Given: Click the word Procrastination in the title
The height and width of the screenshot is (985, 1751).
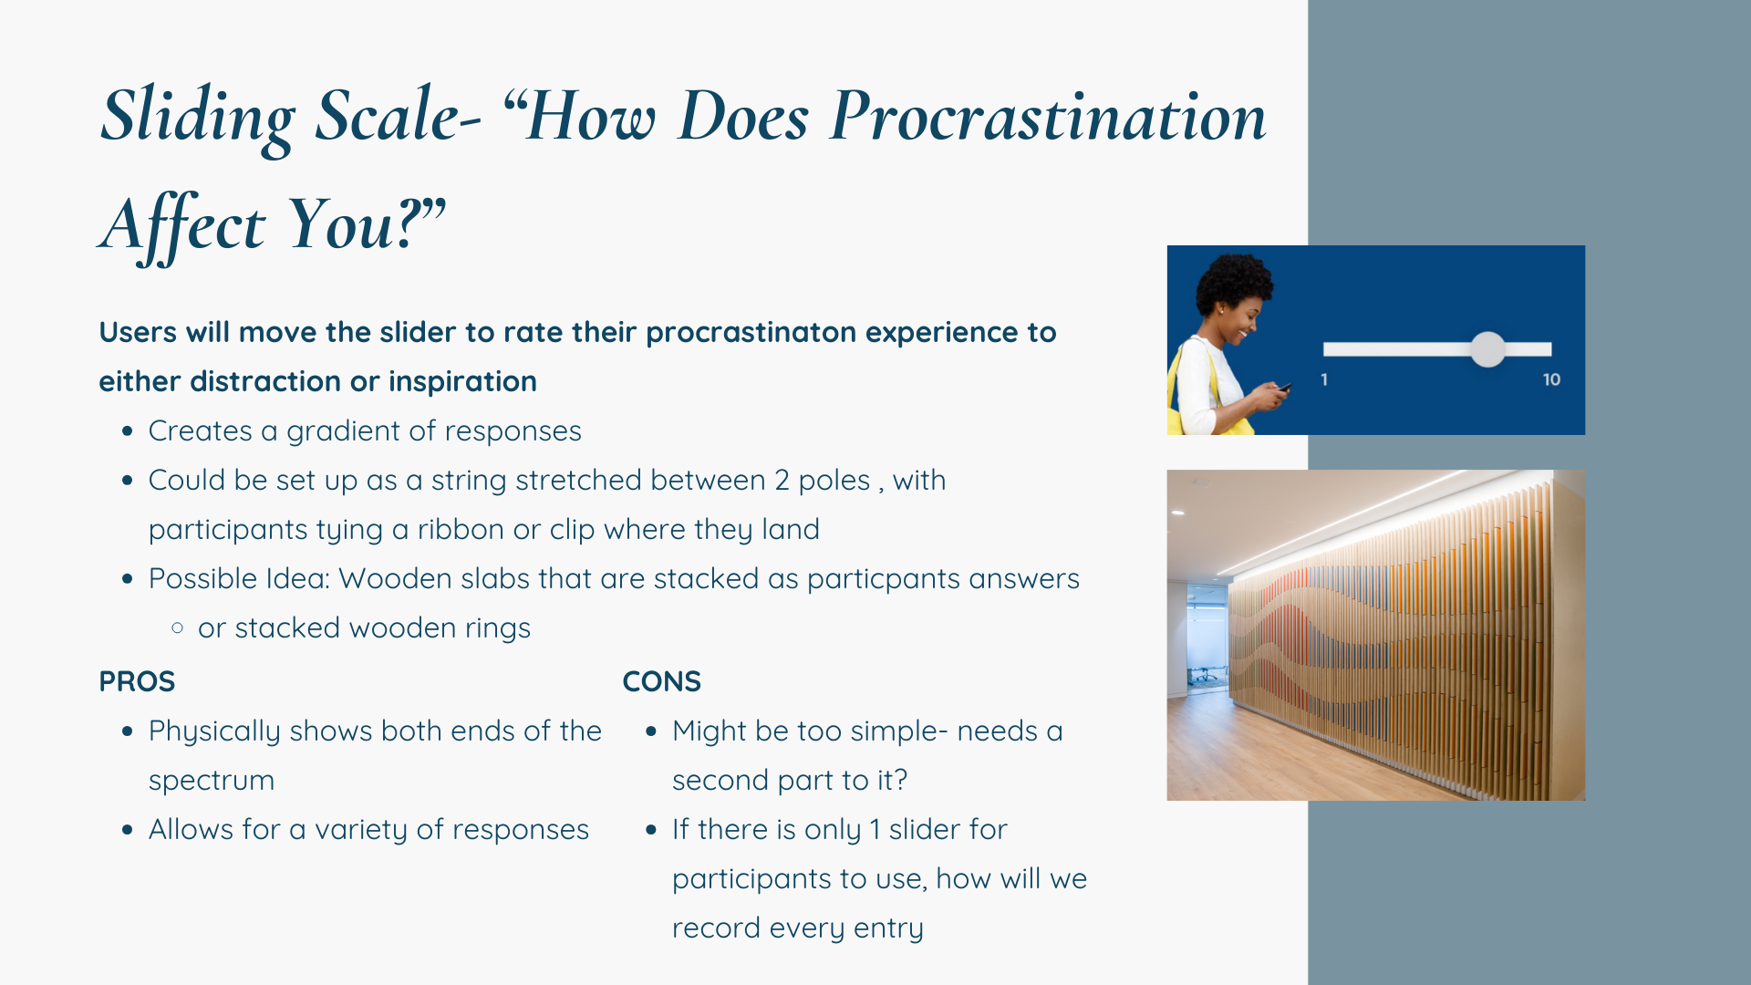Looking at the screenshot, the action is tap(1048, 117).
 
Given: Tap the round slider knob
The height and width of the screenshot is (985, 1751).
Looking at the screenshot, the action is tap(1487, 349).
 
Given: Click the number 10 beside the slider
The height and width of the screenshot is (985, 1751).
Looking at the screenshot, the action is tap(1551, 379).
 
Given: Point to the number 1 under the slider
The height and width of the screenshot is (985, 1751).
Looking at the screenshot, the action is tap(1324, 379).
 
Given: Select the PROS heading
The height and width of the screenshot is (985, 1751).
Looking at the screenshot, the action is tap(137, 681).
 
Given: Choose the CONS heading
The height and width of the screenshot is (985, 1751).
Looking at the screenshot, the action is tap(661, 681).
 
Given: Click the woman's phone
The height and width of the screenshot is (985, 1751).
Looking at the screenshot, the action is tap(1284, 388).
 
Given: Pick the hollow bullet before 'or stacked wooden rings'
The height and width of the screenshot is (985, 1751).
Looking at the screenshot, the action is tap(177, 627).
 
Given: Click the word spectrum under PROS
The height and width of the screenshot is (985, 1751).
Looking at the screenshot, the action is tap(212, 781).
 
